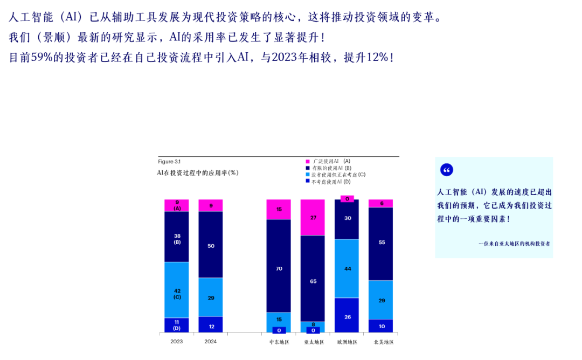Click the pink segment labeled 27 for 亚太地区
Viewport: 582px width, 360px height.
(313, 217)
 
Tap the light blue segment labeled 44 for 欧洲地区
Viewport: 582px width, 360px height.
(348, 268)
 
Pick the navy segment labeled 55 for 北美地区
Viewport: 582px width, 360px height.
(382, 244)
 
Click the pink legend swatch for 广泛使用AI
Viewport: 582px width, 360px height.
(308, 161)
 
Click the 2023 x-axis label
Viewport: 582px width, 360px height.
(177, 342)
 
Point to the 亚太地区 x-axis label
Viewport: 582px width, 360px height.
(313, 342)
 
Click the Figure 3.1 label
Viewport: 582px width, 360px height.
(169, 162)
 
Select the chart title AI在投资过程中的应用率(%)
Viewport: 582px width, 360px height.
(197, 172)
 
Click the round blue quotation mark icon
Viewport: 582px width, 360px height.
(447, 170)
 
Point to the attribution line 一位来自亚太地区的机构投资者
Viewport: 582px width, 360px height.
(514, 243)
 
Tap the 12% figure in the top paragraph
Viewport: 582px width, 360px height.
(377, 57)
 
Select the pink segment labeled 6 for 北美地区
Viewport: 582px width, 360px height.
(382, 203)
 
